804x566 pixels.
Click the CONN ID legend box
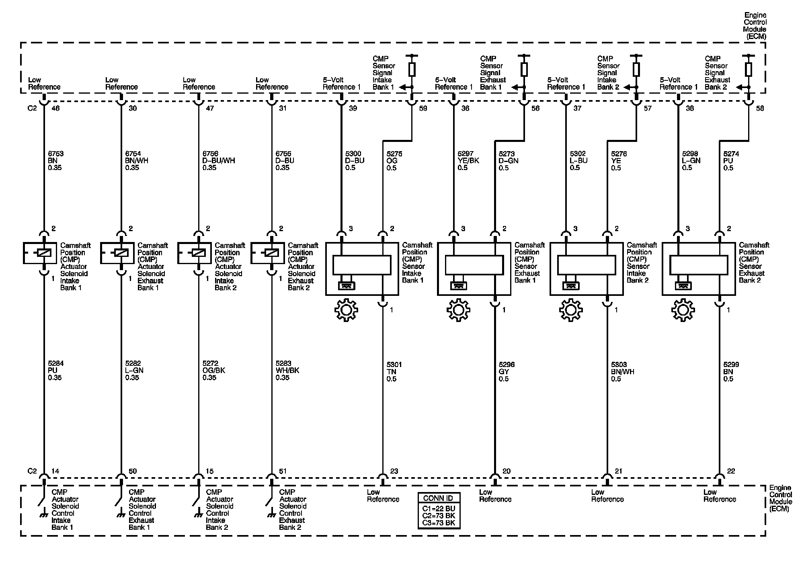439,511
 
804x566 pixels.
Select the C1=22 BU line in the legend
439,509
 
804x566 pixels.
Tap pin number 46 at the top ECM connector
55,108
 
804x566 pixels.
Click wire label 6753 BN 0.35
55,160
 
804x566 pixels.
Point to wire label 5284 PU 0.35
55,370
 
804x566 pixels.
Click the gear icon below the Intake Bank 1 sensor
346,310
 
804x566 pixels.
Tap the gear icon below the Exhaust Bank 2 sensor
683,310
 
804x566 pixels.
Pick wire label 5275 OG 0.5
394,160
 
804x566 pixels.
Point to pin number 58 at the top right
760,108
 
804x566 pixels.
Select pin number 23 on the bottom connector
394,471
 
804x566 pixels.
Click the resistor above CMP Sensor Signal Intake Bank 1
412,69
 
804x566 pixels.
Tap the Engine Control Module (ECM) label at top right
755,26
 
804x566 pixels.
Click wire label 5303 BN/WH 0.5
622,371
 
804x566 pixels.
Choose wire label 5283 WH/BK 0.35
287,370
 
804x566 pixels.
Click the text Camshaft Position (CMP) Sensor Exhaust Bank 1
529,262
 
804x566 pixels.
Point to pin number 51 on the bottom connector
283,471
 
